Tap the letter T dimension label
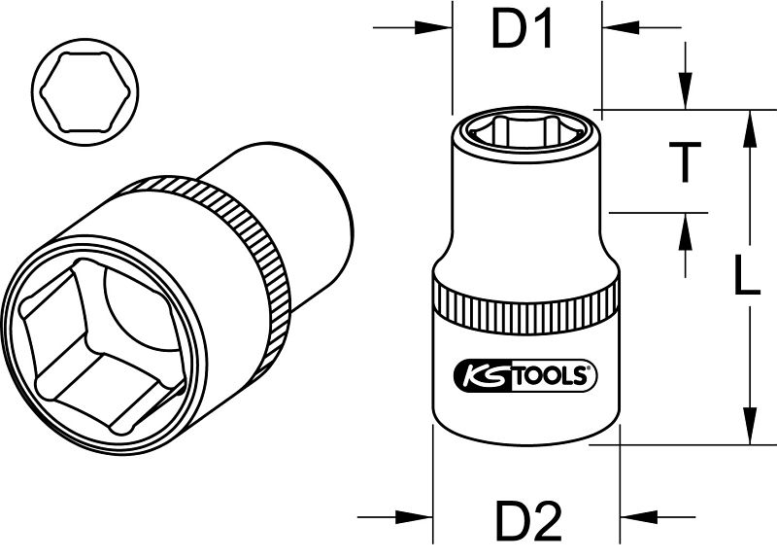click(x=685, y=161)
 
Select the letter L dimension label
click(x=746, y=275)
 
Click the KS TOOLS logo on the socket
click(x=525, y=375)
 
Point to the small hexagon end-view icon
click(x=85, y=92)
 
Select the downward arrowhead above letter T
click(x=686, y=90)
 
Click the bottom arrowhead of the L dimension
click(x=751, y=426)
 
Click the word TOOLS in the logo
click(x=549, y=376)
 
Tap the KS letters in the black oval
click(x=482, y=376)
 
